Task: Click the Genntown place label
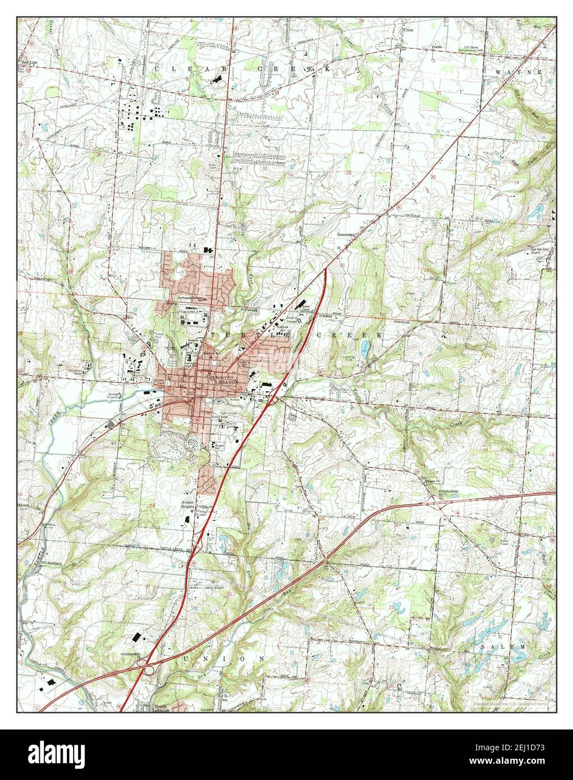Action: tap(347, 235)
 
